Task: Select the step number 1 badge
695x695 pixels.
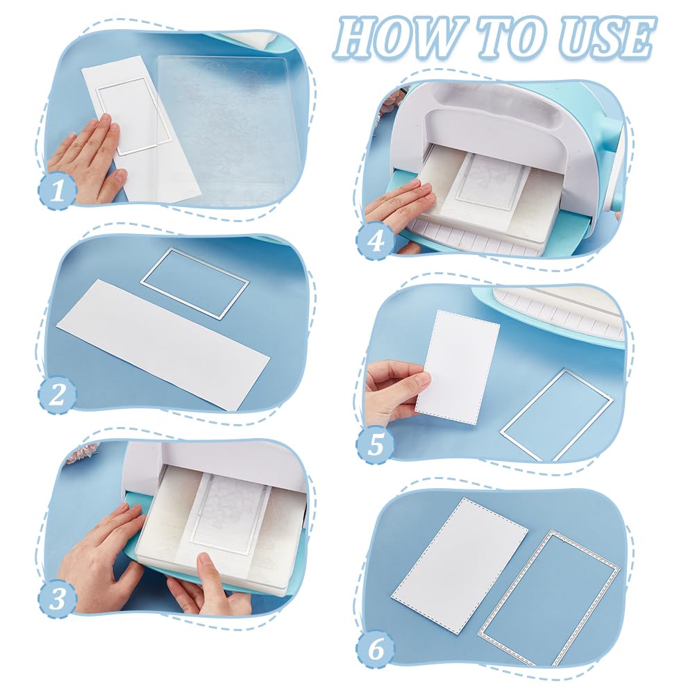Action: [x=58, y=191]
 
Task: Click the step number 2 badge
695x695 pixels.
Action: [x=58, y=394]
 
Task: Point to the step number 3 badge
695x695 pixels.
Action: [x=58, y=598]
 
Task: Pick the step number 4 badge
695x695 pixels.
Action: [x=376, y=241]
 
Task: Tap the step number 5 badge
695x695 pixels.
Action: [x=376, y=444]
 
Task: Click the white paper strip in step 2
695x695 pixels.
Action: [x=163, y=345]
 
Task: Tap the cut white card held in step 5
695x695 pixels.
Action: [x=457, y=367]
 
